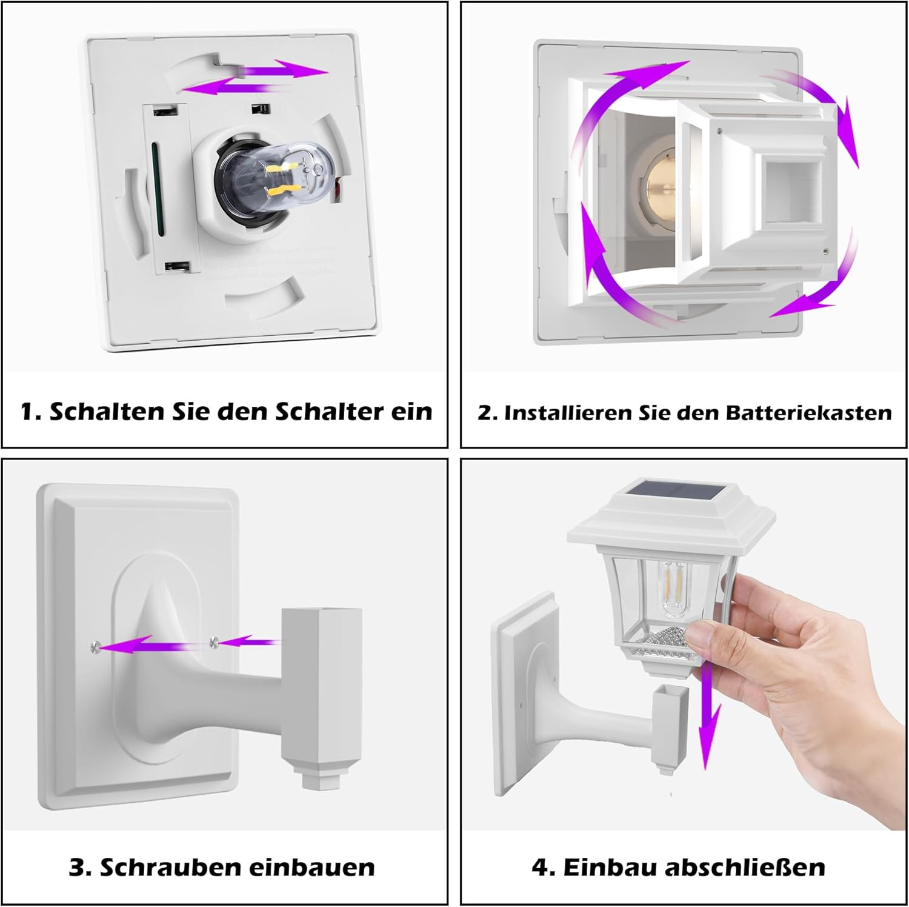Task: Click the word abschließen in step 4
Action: click(x=745, y=867)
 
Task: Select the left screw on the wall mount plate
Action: click(x=94, y=648)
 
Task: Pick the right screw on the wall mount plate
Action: click(x=213, y=642)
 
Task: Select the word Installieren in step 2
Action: click(x=567, y=413)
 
